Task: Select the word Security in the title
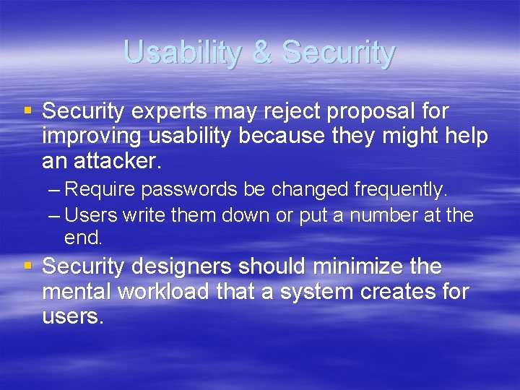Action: click(339, 53)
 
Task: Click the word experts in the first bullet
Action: click(172, 113)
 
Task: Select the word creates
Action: click(399, 292)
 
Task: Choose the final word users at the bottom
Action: click(72, 317)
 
